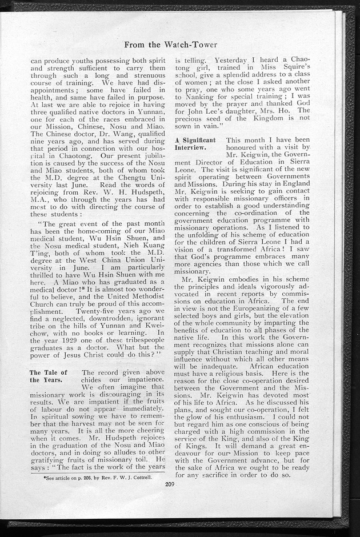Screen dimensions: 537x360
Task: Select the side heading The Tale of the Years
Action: (x=49, y=377)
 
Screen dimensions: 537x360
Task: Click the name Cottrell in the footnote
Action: (x=146, y=475)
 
